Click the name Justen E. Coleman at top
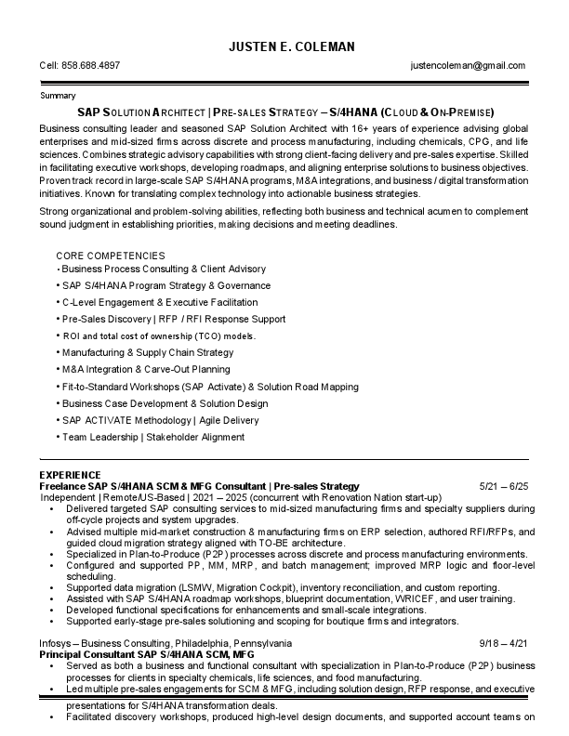pos(284,46)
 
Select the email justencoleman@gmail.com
pos(468,66)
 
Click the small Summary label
pos(59,96)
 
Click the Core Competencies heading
pos(111,256)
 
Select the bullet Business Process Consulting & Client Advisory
pos(164,269)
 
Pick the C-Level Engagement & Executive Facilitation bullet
pos(160,302)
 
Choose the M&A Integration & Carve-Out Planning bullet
pos(147,370)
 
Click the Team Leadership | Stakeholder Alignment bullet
pos(153,437)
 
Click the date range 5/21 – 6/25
pos(503,486)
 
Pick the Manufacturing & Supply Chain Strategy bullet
pos(148,353)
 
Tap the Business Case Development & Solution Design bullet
pos(165,403)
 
